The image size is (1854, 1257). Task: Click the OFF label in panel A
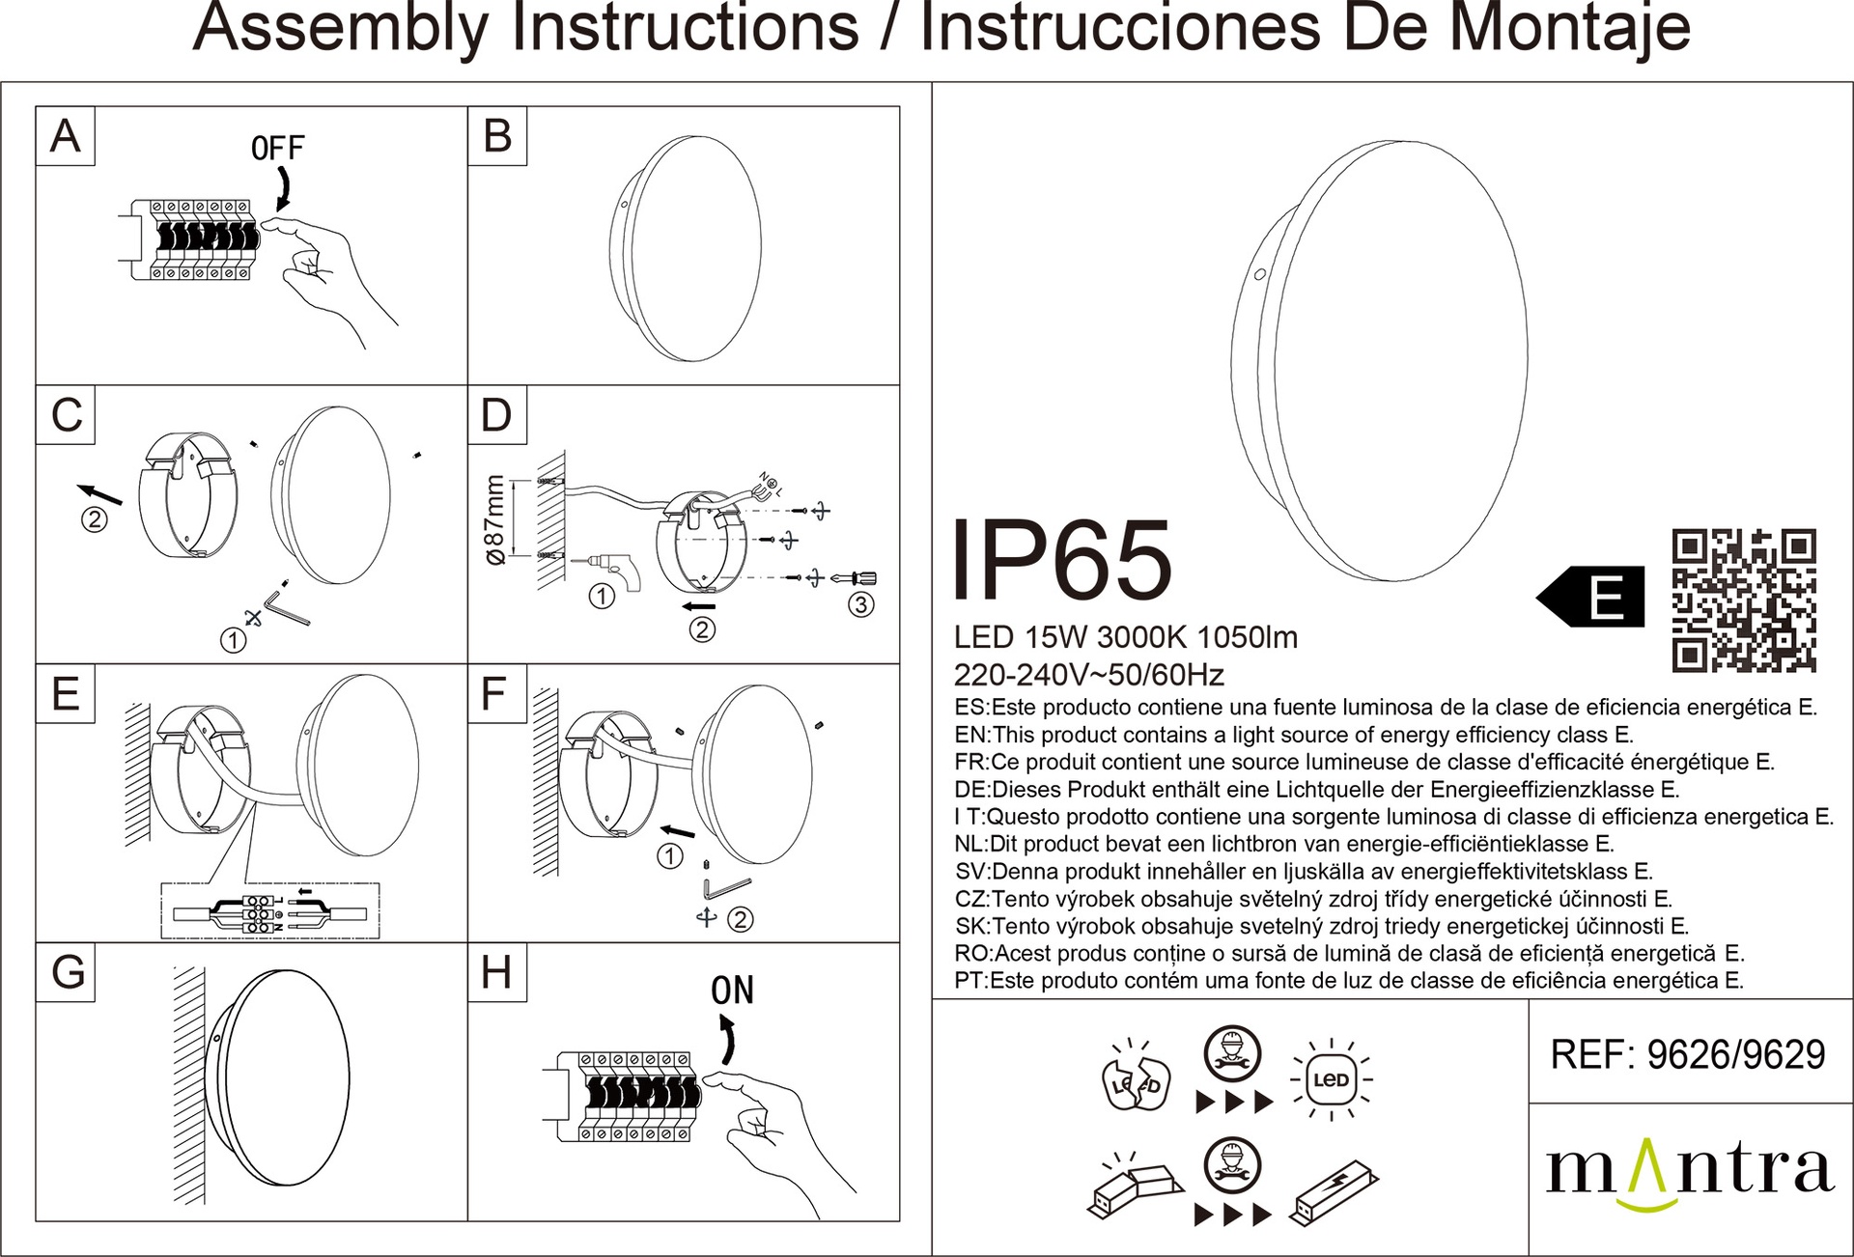pyautogui.click(x=277, y=148)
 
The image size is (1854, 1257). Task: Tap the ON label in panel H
pyautogui.click(x=732, y=991)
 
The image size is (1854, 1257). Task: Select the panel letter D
pyautogui.click(x=496, y=414)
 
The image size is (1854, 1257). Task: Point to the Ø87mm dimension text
pyautogui.click(x=493, y=519)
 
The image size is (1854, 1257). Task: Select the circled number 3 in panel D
pyautogui.click(x=860, y=605)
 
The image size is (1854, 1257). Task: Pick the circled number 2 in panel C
pyautogui.click(x=94, y=519)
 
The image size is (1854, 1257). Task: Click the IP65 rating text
pyautogui.click(x=1062, y=561)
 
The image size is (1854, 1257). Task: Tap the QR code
pyautogui.click(x=1744, y=601)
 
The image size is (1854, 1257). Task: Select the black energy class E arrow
pyautogui.click(x=1590, y=597)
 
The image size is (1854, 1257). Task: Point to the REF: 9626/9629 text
pyautogui.click(x=1688, y=1055)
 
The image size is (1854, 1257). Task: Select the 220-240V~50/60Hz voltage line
pyautogui.click(x=1089, y=674)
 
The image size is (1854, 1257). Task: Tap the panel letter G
pyautogui.click(x=67, y=973)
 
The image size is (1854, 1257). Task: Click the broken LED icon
pyautogui.click(x=1137, y=1077)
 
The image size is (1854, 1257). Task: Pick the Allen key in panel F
pyautogui.click(x=725, y=885)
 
